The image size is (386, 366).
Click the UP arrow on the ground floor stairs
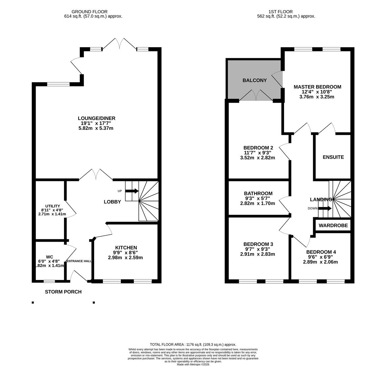tap(132, 191)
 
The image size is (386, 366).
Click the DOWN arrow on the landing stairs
tap(324, 208)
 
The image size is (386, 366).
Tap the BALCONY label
tap(254, 80)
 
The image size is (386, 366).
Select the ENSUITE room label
tap(333, 157)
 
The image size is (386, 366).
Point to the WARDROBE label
tap(333, 225)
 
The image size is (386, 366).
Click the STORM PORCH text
tap(63, 292)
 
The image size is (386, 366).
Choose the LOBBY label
tap(112, 202)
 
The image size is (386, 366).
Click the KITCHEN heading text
tap(126, 248)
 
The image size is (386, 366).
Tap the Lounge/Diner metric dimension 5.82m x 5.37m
tap(96, 128)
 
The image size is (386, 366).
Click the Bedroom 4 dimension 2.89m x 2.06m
tap(320, 262)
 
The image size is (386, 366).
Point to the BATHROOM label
tap(258, 194)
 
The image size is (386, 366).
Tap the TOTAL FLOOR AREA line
tap(193, 345)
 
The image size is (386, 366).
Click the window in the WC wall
tap(49, 281)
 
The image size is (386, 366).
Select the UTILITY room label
tap(52, 206)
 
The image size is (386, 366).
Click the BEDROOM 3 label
tap(258, 244)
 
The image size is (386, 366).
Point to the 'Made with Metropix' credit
tap(193, 364)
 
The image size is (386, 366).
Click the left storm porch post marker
tap(33, 302)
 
